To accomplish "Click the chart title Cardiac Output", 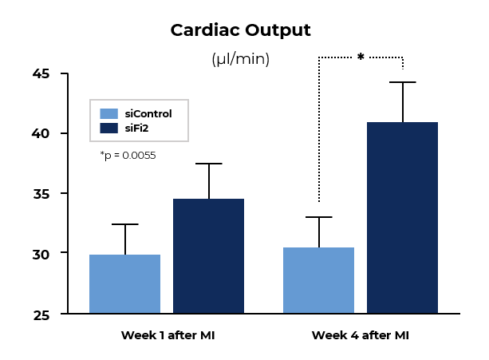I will tap(240, 30).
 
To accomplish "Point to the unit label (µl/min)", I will tap(240, 59).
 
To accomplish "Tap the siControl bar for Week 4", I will tap(319, 280).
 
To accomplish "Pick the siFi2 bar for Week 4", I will tap(402, 217).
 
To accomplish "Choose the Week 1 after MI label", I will tap(168, 335).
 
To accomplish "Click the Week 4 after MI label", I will tap(361, 335).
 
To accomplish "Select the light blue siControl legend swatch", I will tap(108, 113).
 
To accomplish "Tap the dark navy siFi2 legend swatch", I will tap(108, 128).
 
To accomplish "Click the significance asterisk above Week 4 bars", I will tap(361, 57).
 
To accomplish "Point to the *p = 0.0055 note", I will tap(128, 156).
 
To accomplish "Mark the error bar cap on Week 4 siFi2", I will tap(402, 82).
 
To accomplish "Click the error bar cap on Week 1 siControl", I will tap(124, 224).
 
